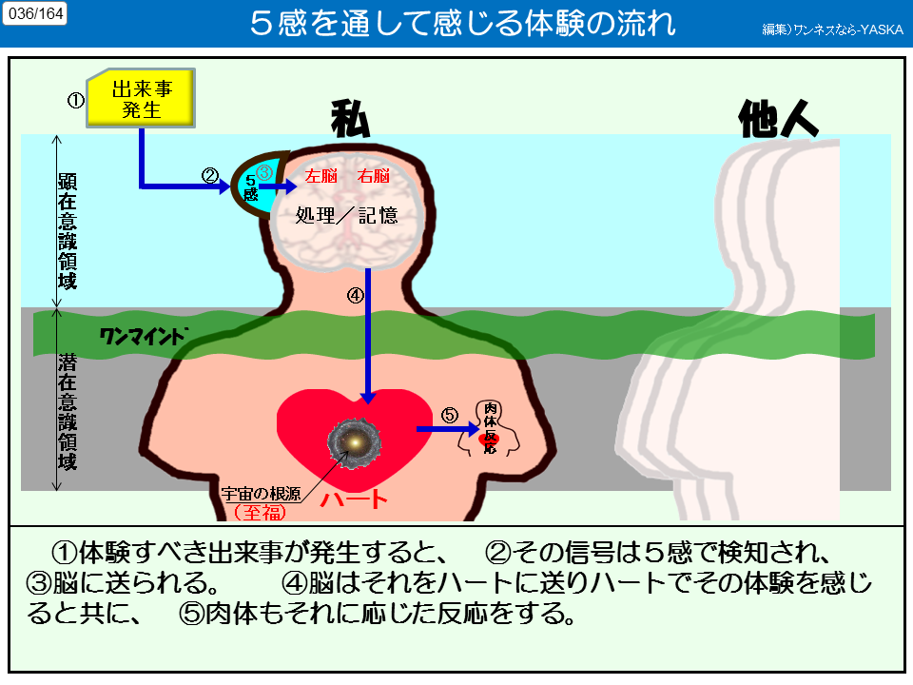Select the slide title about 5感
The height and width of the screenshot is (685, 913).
point(463,24)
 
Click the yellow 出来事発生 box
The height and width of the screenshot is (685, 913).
point(142,98)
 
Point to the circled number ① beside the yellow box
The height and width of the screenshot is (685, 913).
point(75,99)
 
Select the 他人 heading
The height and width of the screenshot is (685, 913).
point(778,119)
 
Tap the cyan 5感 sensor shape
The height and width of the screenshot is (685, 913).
point(252,186)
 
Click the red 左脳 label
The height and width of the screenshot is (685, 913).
point(321,176)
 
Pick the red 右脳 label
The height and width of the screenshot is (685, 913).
point(373,176)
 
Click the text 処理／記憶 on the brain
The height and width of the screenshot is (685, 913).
point(347,216)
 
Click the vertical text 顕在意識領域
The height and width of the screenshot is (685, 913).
point(67,230)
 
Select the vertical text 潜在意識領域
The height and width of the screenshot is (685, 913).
point(67,411)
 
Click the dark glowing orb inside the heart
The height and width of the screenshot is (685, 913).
point(355,441)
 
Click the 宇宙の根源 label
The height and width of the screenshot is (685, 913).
point(259,493)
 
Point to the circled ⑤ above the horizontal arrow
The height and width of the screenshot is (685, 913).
point(450,415)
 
